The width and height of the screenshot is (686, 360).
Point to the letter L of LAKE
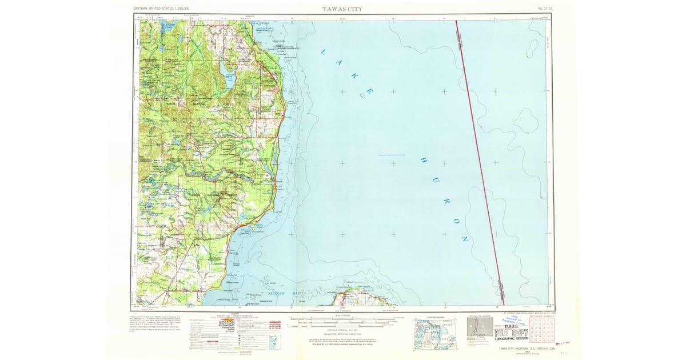click(323, 53)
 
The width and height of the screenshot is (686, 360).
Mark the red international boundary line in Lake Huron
click(479, 160)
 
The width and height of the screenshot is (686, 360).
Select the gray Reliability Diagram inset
click(477, 331)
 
